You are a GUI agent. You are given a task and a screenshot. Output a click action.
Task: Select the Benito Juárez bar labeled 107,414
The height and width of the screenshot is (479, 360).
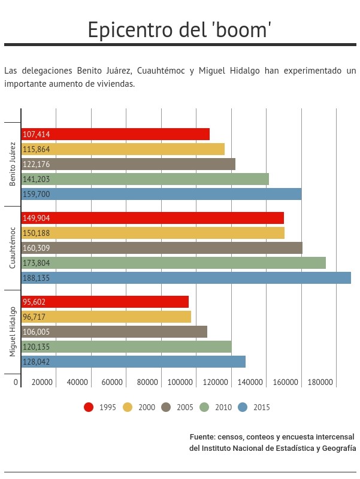pos(116,134)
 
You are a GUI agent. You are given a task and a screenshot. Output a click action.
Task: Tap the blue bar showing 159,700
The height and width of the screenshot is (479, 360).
pos(161,194)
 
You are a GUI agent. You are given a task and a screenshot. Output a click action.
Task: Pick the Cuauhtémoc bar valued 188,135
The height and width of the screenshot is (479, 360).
pos(186,278)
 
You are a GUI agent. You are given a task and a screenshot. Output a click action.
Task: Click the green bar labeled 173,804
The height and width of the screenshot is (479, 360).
pos(174,263)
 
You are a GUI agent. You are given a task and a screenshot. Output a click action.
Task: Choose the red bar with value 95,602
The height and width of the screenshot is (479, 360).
pos(105,302)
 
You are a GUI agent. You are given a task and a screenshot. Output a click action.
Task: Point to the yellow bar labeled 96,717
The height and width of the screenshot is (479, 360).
pos(106,317)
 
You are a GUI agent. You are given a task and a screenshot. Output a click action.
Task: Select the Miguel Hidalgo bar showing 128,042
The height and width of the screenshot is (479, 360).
pos(133,362)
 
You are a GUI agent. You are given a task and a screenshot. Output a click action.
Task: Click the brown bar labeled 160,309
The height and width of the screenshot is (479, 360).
pos(162,248)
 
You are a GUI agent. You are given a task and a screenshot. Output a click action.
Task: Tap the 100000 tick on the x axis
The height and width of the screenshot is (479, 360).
pos(180,382)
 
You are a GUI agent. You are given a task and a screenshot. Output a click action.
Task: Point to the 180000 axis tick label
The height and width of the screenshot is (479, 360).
pos(320,382)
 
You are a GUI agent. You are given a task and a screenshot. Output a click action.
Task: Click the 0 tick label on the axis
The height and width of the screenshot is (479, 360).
pos(16,382)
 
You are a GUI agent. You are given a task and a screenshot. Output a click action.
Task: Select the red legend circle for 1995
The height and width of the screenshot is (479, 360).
pos(89,407)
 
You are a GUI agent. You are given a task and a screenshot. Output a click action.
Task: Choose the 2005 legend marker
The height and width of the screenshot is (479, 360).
pos(166,407)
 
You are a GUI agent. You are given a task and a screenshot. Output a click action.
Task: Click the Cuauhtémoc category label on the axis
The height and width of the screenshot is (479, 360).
pos(12,248)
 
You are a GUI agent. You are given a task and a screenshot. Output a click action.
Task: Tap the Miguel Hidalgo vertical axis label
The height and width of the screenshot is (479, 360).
pos(12,332)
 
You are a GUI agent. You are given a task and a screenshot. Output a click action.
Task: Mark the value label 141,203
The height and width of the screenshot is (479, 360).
pos(36,179)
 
